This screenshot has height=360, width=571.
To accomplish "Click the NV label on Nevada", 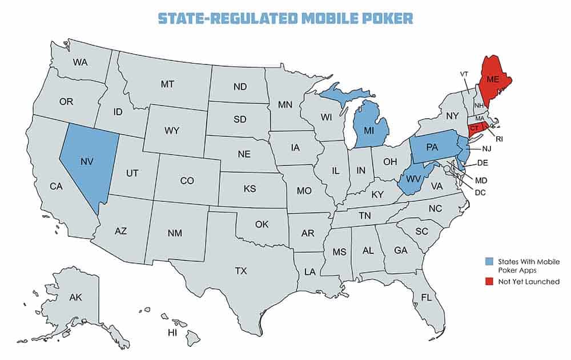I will (87, 162).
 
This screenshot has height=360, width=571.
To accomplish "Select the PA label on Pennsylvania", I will (432, 147).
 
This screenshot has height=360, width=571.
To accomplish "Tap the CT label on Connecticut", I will (475, 129).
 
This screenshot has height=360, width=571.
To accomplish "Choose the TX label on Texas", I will (241, 270).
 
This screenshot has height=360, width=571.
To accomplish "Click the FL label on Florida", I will (426, 297).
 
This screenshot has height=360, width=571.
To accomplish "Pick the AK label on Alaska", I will (75, 298).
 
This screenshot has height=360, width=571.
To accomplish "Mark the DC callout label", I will (480, 192).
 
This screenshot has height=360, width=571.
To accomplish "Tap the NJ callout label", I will (485, 149).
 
